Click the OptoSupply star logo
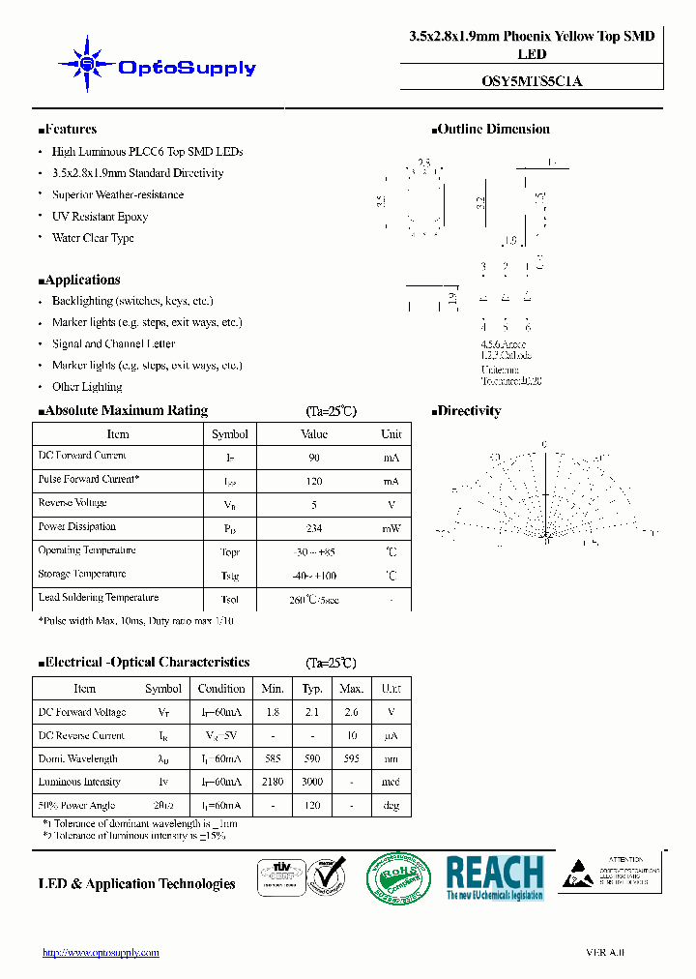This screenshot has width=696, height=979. tap(86, 64)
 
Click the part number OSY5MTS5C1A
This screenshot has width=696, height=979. tap(531, 81)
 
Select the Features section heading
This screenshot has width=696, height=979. tap(68, 130)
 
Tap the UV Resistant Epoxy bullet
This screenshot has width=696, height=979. tap(100, 217)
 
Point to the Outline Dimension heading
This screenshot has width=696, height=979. tap(492, 130)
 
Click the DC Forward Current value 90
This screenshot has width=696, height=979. tap(314, 458)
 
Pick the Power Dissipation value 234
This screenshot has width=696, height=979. tap(313, 529)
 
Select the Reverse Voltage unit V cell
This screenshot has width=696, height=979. tap(391, 505)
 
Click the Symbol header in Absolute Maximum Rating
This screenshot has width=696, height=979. tap(230, 434)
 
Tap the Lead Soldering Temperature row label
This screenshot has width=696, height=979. tap(99, 598)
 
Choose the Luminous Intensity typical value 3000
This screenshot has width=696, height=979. tap(311, 782)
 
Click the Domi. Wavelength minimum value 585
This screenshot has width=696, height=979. tap(273, 758)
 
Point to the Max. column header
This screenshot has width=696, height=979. tap(352, 689)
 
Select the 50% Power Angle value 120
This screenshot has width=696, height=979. tap(311, 805)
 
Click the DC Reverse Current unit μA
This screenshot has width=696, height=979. tap(391, 735)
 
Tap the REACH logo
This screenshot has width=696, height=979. tap(495, 877)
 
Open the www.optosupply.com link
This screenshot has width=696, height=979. tap(101, 953)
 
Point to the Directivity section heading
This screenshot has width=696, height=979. tap(468, 411)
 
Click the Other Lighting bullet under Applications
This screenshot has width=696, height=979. tap(87, 387)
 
